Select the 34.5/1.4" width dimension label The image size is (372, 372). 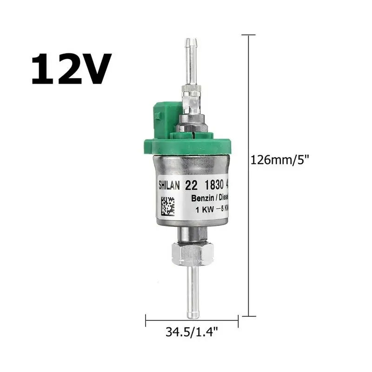coord(192,332)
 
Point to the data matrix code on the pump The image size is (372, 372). coord(168,206)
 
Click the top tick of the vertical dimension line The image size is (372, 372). coord(249,35)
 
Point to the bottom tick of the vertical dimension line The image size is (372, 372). coord(249,316)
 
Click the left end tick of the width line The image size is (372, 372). coord(146,320)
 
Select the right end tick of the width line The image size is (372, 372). coord(239,320)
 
